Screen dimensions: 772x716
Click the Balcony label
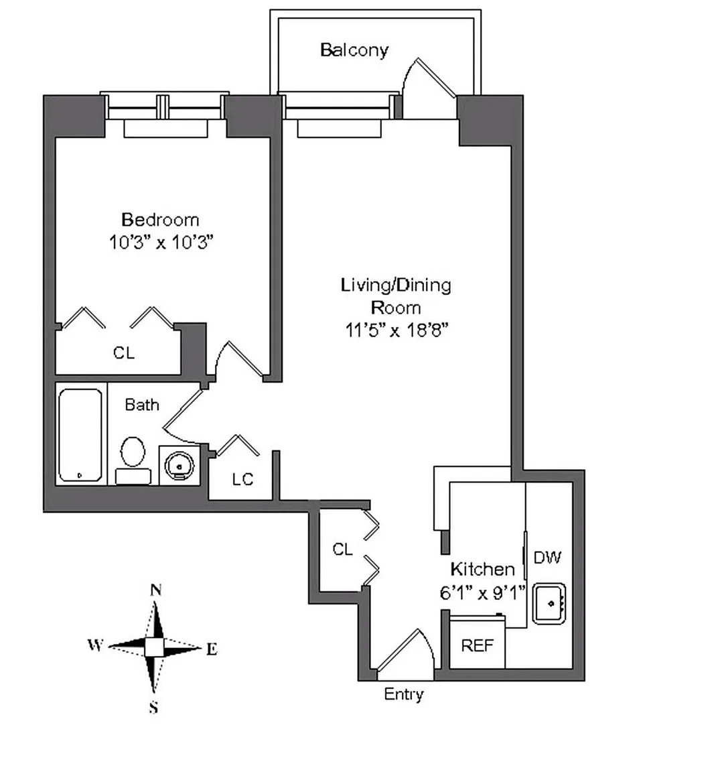point(354,50)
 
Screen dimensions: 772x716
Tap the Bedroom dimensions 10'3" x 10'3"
point(161,242)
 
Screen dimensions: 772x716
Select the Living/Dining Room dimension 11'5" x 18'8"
point(395,330)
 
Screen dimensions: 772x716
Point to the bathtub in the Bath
point(80,434)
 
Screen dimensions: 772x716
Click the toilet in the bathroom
point(133,452)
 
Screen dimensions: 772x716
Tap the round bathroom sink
point(180,464)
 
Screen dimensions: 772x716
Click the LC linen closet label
point(242,480)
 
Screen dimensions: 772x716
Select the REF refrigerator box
point(477,645)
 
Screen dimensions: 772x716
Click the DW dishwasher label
point(547,557)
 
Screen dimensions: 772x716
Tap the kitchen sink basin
point(549,604)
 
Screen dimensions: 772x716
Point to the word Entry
point(403,694)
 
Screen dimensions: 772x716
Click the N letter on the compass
point(155,590)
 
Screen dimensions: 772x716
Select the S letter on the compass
point(153,707)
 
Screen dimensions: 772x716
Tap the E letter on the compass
point(212,649)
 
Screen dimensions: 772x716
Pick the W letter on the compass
point(95,645)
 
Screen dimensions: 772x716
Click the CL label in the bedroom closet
point(123,352)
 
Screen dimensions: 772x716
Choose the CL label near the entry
point(342,550)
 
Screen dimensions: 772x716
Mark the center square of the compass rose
point(154,647)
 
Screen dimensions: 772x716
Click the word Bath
point(142,405)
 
